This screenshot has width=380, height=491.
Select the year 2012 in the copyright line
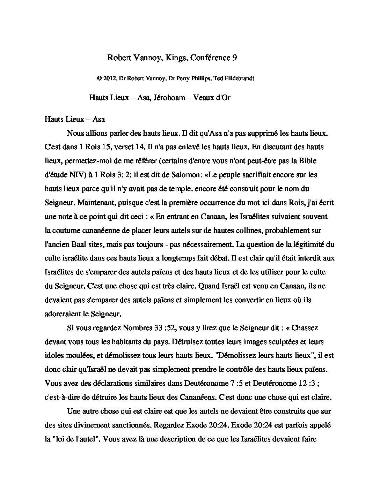coord(110,78)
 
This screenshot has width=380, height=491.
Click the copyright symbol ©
coord(99,78)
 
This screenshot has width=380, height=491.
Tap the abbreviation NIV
coord(73,175)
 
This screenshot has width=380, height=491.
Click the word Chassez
coord(305,328)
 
